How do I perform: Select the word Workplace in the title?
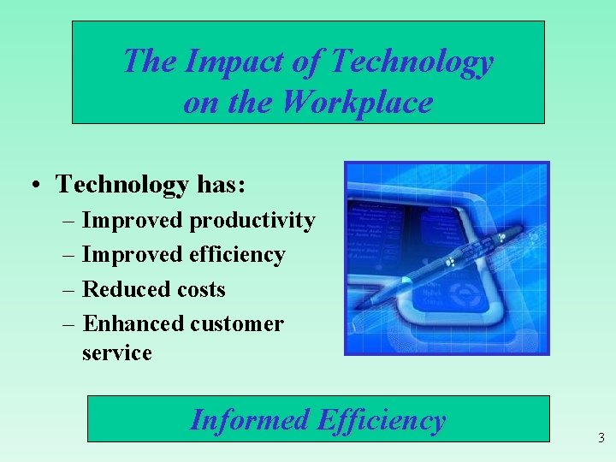(357, 102)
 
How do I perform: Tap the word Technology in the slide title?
(412, 62)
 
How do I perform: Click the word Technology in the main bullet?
(121, 184)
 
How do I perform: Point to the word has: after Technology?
(221, 184)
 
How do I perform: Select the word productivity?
(252, 221)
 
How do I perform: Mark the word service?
(116, 352)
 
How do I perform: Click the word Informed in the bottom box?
(249, 420)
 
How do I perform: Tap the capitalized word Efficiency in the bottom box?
(381, 420)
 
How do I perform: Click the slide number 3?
(601, 438)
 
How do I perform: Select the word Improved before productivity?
(133, 221)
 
